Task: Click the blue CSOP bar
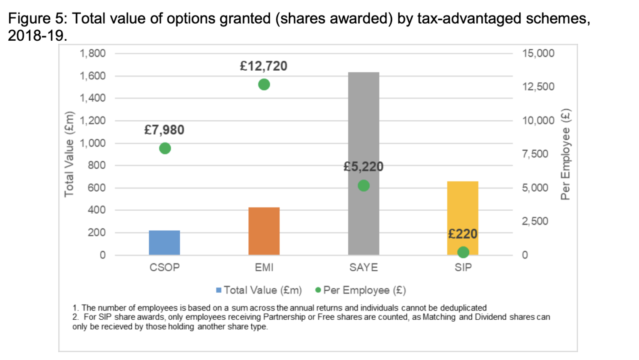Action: pos(164,243)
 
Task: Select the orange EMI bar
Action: pos(264,231)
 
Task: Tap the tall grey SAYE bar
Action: pos(364,125)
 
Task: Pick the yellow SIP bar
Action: pos(463,208)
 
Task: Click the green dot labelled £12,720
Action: pos(264,84)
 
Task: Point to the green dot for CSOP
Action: pos(165,148)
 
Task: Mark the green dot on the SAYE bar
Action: pos(364,185)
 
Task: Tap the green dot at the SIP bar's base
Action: pos(463,252)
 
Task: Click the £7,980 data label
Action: pos(164,130)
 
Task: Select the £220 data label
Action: pos(463,234)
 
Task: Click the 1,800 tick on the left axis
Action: pos(92,54)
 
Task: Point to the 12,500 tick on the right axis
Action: pos(538,87)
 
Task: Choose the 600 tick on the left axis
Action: pos(97,188)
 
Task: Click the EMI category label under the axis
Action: pos(264,267)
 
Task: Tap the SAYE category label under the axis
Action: pos(364,267)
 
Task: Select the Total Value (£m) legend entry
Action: pos(259,290)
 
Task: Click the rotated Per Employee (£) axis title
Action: pos(565,154)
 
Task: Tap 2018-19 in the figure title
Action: pos(37,36)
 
